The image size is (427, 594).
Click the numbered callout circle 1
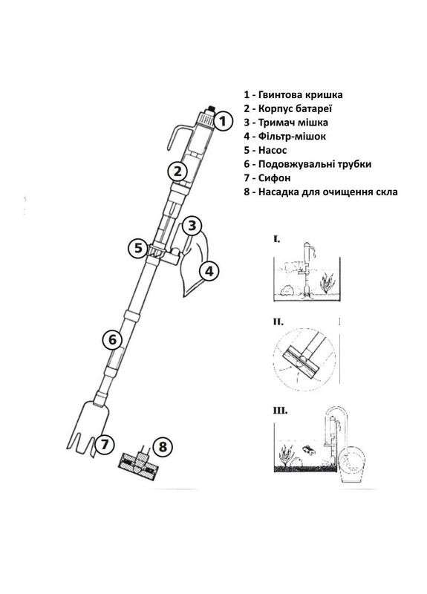pyautogui.click(x=232, y=119)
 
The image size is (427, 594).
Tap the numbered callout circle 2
pyautogui.click(x=176, y=172)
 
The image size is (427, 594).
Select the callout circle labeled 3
pyautogui.click(x=192, y=225)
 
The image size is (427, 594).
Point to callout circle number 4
pyautogui.click(x=209, y=271)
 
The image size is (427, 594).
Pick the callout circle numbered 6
pyautogui.click(x=112, y=340)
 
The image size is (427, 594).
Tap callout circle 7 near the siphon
pyautogui.click(x=105, y=446)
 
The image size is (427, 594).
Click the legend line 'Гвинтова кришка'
pyautogui.click(x=297, y=96)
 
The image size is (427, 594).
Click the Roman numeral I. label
pyautogui.click(x=276, y=239)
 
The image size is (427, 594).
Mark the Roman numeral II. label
pyautogui.click(x=278, y=323)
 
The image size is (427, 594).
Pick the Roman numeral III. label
pyautogui.click(x=279, y=409)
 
